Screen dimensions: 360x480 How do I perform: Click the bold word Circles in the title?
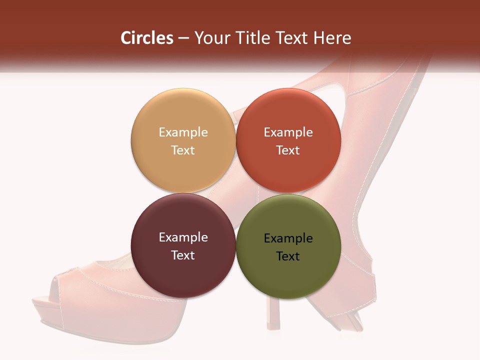tap(147, 38)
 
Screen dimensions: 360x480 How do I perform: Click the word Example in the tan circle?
tap(183, 132)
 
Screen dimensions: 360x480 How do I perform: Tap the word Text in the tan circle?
tap(183, 150)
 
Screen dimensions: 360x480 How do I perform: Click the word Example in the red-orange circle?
tap(288, 132)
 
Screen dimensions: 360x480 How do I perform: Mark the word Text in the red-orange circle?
tap(288, 150)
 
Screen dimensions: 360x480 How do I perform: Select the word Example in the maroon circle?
tap(183, 237)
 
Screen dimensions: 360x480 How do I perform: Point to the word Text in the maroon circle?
tap(183, 255)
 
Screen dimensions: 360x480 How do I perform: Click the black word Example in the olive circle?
tap(288, 238)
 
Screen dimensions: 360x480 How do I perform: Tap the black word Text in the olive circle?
tap(288, 256)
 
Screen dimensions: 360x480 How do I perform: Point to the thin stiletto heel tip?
tap(272, 325)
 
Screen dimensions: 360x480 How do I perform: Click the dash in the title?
tap(183, 38)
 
